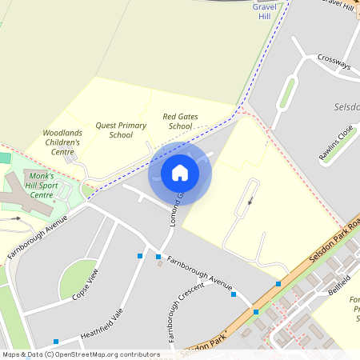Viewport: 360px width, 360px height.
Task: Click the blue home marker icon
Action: [x=180, y=173]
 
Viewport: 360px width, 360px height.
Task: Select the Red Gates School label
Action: [x=177, y=121]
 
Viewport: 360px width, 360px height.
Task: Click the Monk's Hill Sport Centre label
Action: [x=39, y=185]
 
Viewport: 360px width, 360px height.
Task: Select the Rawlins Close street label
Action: [x=336, y=143]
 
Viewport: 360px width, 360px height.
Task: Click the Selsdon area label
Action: [x=346, y=106]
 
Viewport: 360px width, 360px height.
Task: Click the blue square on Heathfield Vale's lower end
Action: [x=56, y=342]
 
